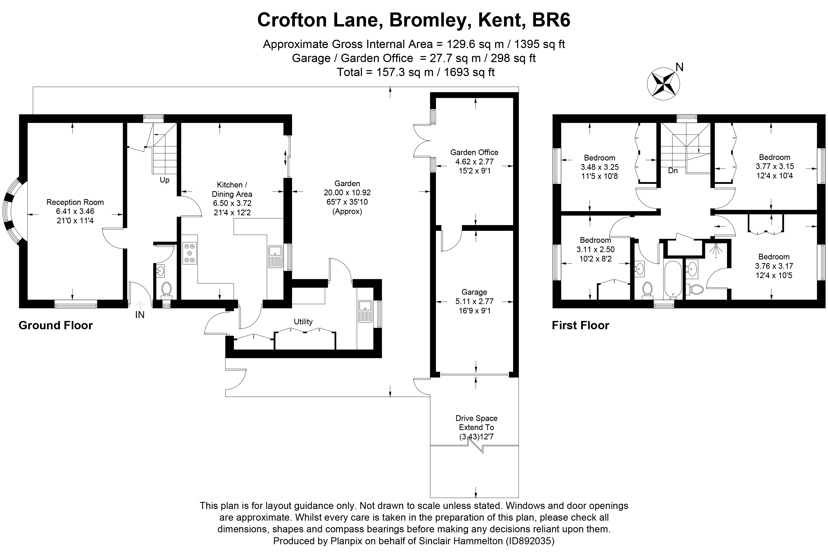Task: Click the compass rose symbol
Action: coord(663,84)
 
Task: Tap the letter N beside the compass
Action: coord(679,67)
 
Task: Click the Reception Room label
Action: coord(75,202)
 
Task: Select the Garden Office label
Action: coord(474,152)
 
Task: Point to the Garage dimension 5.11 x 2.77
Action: coord(474,301)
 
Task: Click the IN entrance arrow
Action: coord(140,305)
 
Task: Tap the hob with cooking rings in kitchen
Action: coord(189,253)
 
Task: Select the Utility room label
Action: coord(303,321)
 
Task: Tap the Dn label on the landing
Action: coord(672,171)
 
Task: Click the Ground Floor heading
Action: coord(55,325)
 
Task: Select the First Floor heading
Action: coord(580,325)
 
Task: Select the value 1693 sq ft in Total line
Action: coord(469,72)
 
